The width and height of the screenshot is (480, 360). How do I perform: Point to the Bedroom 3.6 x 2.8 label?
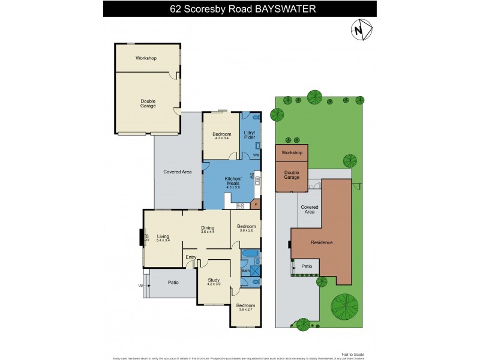(x=247, y=228)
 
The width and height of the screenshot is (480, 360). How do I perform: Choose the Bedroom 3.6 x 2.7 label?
(x=245, y=307)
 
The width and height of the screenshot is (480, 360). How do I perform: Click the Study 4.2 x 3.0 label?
(x=214, y=282)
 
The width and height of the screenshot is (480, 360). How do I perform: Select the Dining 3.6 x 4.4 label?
(x=208, y=229)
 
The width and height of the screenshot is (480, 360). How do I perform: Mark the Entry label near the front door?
(x=191, y=257)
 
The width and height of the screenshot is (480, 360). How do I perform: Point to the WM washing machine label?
(x=256, y=155)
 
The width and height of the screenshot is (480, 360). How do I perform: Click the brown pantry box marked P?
(x=256, y=205)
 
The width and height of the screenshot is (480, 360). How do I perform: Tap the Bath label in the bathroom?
(x=245, y=271)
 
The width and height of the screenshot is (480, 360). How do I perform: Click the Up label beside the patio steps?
(x=141, y=285)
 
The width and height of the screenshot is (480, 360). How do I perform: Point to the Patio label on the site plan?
(x=306, y=266)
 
